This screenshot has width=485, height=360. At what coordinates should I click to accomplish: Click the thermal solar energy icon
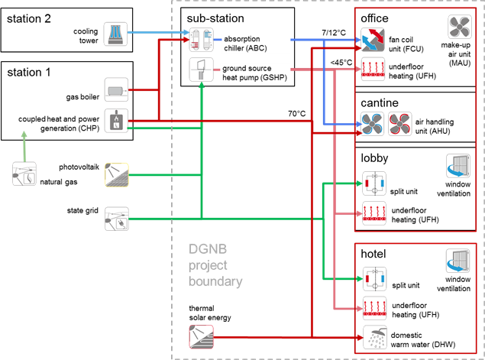click(x=201, y=334)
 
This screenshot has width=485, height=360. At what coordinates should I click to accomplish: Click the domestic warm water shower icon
click(x=374, y=336)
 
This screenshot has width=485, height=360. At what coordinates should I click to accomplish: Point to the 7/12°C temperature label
click(x=334, y=31)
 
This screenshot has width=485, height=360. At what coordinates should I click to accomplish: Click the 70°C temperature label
click(x=296, y=114)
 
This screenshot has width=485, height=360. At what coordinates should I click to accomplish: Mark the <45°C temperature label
click(x=341, y=63)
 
